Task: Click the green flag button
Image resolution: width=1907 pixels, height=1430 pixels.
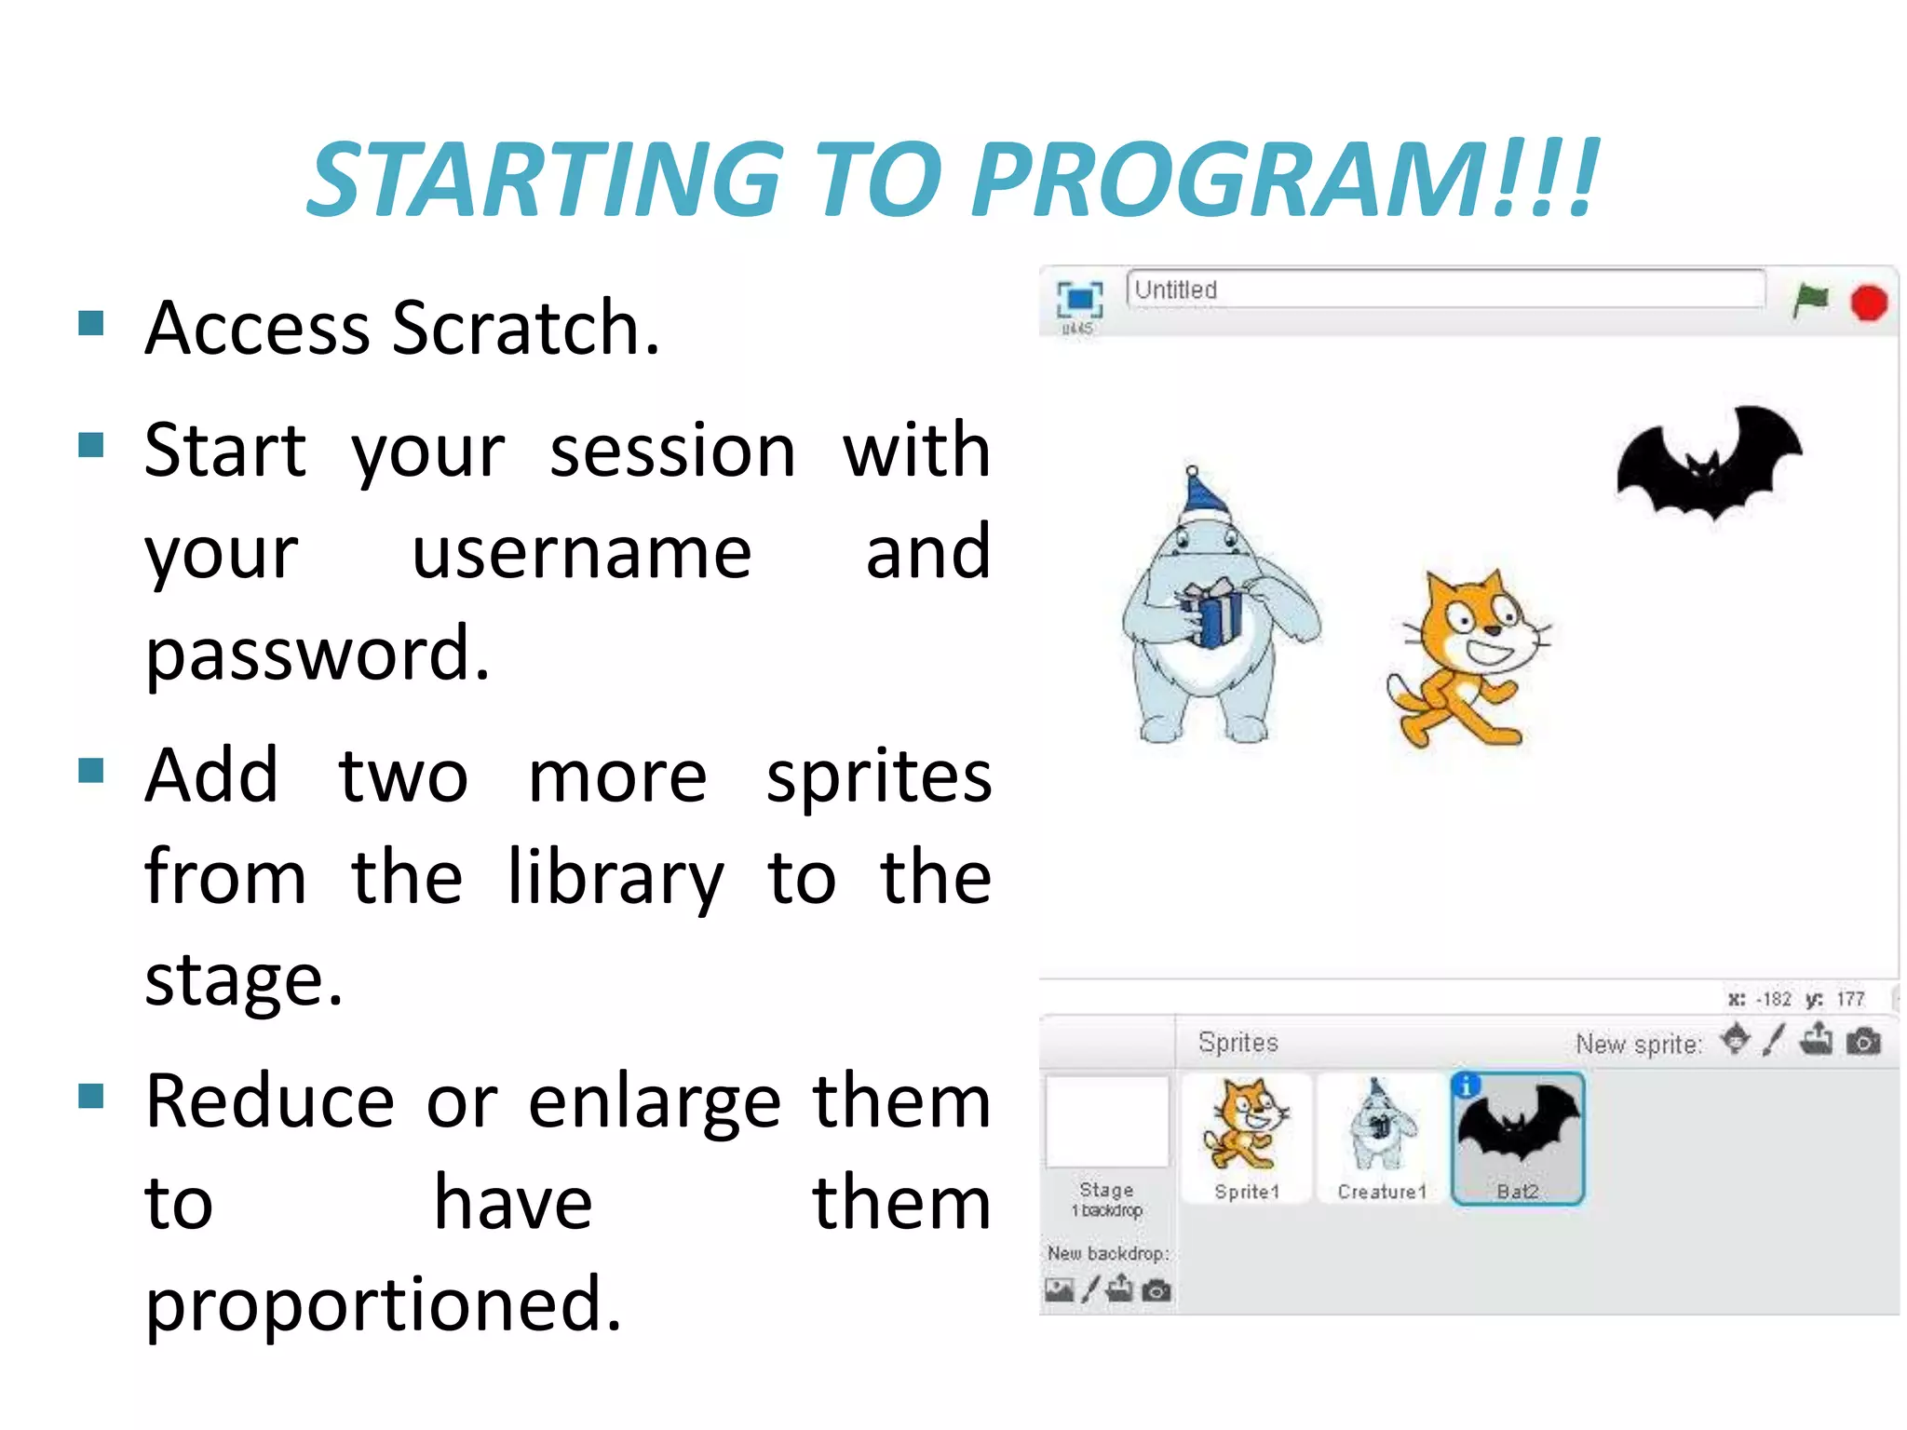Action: coord(1810,301)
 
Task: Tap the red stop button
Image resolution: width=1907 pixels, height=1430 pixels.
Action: coord(1868,304)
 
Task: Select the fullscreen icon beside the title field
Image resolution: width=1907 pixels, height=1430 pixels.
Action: coord(1079,299)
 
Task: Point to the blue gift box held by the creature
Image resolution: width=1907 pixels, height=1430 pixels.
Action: coord(1212,613)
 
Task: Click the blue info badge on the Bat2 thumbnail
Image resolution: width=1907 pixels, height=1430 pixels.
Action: coord(1467,1086)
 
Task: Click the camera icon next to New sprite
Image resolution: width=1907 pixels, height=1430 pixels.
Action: coord(1863,1042)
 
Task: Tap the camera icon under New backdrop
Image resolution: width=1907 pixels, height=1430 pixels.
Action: coord(1156,1290)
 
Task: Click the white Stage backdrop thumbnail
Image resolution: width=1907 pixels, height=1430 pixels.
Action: coord(1107,1121)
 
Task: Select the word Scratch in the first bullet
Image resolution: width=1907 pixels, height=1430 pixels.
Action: coord(526,328)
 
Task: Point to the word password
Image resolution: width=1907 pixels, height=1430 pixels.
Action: coord(318,654)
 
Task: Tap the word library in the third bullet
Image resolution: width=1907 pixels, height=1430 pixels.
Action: coord(615,877)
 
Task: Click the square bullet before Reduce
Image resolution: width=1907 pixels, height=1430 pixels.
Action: coord(91,1096)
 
